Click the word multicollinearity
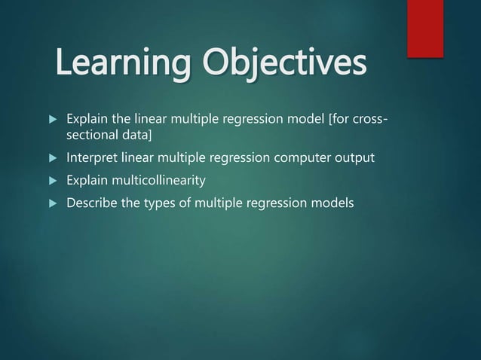click(x=158, y=181)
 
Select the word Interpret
click(x=90, y=159)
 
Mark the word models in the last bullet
click(x=334, y=203)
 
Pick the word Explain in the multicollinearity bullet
click(x=87, y=181)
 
